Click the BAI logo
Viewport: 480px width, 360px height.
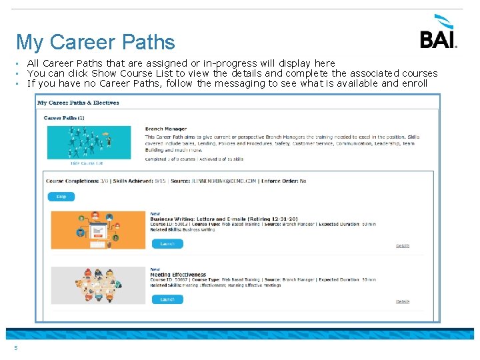pyautogui.click(x=438, y=33)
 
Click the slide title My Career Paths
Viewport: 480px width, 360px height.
pyautogui.click(x=95, y=42)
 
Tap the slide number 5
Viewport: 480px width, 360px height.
pyautogui.click(x=15, y=347)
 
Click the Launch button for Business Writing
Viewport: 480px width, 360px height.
pyautogui.click(x=167, y=244)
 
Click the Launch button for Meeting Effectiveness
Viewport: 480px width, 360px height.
pyautogui.click(x=167, y=299)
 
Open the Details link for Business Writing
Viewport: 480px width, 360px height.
pyautogui.click(x=403, y=246)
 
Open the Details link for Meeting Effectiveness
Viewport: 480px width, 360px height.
pyautogui.click(x=403, y=301)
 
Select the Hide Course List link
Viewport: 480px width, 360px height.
pyautogui.click(x=87, y=163)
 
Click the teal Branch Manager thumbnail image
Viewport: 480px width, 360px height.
pyautogui.click(x=89, y=142)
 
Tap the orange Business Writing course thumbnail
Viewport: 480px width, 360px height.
pyautogui.click(x=98, y=230)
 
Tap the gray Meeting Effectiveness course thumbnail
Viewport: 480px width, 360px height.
pyautogui.click(x=98, y=286)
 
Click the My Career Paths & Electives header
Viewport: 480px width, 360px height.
pyautogui.click(x=78, y=103)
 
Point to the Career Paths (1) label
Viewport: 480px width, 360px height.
pyautogui.click(x=64, y=117)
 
